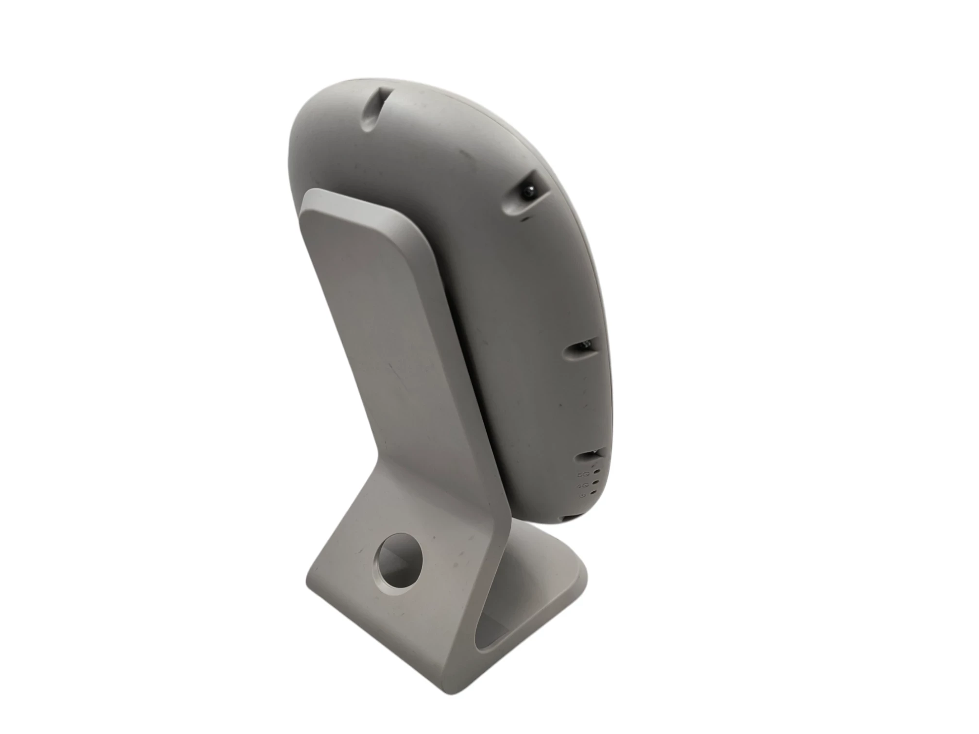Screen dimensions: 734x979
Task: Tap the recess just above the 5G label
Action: point(590,456)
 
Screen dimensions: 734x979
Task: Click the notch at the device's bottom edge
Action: point(566,518)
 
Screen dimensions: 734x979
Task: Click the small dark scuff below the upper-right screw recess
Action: point(524,220)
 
